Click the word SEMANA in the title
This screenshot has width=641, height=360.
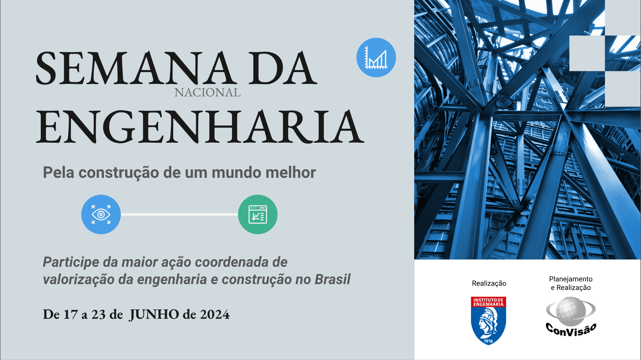[x=134, y=68]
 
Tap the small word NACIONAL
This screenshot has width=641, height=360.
[x=208, y=93]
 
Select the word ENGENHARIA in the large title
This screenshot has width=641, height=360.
[x=200, y=127]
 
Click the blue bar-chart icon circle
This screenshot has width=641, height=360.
[x=376, y=57]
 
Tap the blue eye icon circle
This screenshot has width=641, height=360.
[x=101, y=214]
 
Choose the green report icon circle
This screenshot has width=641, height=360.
[x=258, y=214]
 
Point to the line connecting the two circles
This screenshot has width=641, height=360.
[x=179, y=214]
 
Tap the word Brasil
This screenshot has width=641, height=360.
[x=333, y=279]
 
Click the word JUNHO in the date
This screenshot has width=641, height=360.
[x=154, y=315]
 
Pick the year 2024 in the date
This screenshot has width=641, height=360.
[x=215, y=315]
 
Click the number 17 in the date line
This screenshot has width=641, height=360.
[x=70, y=315]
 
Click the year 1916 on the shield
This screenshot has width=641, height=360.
[x=488, y=341]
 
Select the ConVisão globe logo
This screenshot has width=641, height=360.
[x=571, y=316]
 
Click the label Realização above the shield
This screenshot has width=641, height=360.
[x=489, y=283]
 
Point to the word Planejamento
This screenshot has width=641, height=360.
[x=571, y=279]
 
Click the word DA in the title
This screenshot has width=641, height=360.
[x=283, y=68]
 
